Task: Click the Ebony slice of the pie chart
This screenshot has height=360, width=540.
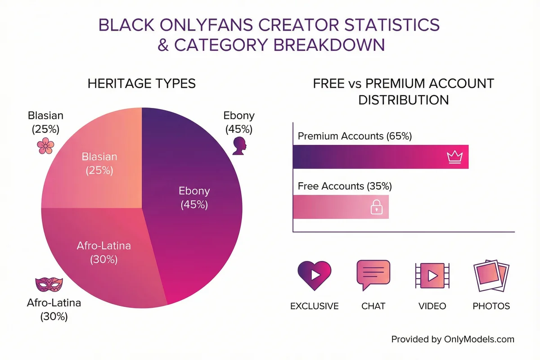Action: [198, 216]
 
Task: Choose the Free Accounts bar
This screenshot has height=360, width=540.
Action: [333, 207]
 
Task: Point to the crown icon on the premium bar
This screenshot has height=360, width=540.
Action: [455, 157]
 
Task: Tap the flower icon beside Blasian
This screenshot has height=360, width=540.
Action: [45, 146]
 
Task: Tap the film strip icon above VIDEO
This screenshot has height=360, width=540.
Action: [432, 275]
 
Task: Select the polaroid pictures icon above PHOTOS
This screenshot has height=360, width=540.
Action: [491, 275]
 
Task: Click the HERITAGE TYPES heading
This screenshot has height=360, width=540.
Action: [142, 84]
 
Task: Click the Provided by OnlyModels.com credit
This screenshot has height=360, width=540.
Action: [452, 339]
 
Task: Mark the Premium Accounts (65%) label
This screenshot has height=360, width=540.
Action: [355, 136]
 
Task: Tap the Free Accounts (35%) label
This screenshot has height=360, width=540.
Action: [345, 186]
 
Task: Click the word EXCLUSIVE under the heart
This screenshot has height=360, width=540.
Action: [314, 306]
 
